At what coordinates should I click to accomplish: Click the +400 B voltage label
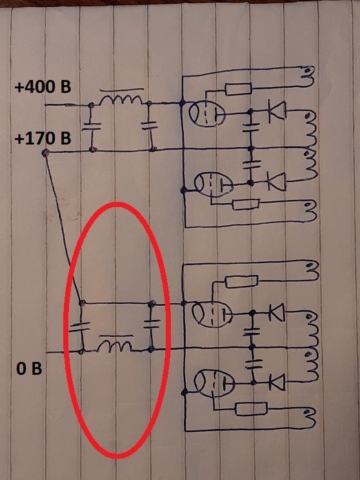coord(43,87)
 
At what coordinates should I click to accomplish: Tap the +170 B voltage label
coord(43,139)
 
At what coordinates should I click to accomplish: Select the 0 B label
coord(29,369)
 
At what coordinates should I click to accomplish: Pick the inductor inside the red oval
coord(115,345)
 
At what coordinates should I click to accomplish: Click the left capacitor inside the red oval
coord(80,327)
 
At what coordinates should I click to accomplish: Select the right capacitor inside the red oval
coord(152,324)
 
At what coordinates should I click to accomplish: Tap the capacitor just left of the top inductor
coord(91,126)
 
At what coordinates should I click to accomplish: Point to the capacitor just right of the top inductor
coord(150,125)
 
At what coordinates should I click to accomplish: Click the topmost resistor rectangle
coord(238,89)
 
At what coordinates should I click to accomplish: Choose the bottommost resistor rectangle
coord(251,409)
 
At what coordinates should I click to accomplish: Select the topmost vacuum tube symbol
coord(206,114)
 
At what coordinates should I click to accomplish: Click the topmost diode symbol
coord(277,112)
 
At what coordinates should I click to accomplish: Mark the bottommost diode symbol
coord(277,382)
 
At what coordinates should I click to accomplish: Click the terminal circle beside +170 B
coord(45,152)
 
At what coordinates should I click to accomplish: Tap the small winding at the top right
coord(308,76)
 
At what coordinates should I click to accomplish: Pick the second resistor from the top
coord(246,204)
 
